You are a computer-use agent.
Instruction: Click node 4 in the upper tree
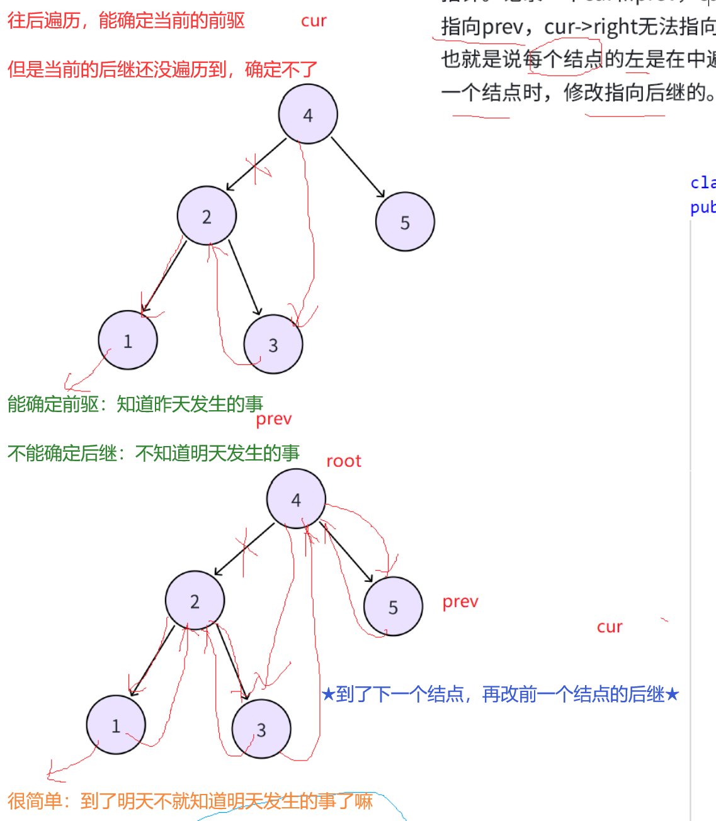tap(308, 114)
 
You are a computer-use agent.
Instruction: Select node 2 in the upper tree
tap(207, 216)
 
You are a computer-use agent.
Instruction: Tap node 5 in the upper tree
tap(405, 221)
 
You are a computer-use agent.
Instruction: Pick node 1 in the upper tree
tap(128, 340)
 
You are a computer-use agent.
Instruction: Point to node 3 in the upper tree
tap(273, 344)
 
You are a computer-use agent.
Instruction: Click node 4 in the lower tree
tap(296, 499)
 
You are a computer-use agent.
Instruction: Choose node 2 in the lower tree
tap(195, 601)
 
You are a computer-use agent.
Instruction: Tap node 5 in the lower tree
tap(393, 606)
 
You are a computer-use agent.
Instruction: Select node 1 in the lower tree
tap(116, 725)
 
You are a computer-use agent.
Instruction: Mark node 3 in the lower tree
tap(261, 729)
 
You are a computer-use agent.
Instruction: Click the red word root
tap(344, 461)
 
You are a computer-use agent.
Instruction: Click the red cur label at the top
tap(314, 21)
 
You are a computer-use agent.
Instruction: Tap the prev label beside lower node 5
tap(460, 602)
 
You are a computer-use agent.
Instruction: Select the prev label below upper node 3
tap(274, 419)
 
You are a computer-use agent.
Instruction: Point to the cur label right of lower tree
tap(610, 627)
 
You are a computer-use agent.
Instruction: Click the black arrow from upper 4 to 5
tap(358, 167)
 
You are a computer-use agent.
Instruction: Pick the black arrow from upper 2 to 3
tap(244, 277)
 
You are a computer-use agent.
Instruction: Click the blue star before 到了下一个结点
tap(328, 695)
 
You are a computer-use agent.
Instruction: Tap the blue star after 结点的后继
tap(672, 695)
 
